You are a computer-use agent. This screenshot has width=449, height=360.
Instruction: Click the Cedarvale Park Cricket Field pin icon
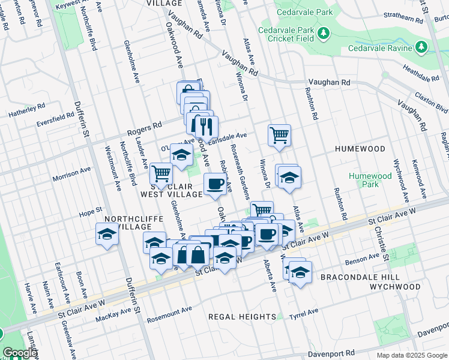324,32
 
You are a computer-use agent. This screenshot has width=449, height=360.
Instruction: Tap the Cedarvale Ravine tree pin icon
421,47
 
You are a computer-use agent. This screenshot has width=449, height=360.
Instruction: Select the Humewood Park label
370,180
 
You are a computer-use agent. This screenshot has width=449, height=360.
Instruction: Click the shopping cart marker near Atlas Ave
279,135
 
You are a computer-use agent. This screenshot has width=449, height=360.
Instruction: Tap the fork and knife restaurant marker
206,127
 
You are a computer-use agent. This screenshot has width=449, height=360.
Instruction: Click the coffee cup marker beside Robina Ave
215,184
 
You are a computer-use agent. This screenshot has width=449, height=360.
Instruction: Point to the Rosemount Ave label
169,313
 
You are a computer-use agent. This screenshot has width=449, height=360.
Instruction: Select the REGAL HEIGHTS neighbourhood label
242,316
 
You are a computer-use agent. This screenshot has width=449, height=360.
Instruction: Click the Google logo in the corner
20,353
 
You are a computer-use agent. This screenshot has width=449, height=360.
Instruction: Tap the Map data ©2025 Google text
411,355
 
